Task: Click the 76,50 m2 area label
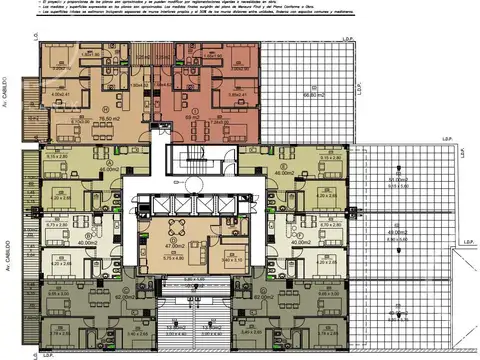pyautogui.click(x=103, y=117)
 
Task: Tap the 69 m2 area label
pyautogui.click(x=193, y=117)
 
